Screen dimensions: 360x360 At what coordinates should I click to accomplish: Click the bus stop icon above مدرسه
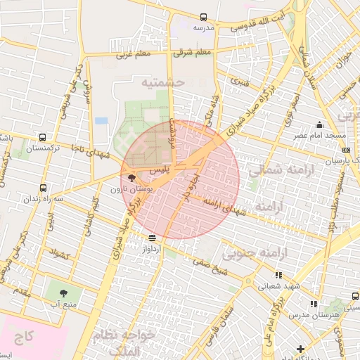(x=203, y=17)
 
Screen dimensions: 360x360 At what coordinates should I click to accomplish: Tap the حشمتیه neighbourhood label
(x=162, y=82)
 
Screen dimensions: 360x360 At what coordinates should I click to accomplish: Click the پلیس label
(x=156, y=171)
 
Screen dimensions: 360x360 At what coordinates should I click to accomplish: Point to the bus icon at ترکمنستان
(x=44, y=138)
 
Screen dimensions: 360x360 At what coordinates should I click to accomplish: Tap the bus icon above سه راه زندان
(x=44, y=188)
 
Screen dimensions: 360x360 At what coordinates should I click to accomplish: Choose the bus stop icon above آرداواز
(x=153, y=238)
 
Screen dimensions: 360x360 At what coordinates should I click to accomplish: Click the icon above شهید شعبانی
(x=279, y=276)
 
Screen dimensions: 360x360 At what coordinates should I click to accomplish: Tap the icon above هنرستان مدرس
(x=314, y=304)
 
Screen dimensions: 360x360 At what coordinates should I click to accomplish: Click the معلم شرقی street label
(x=194, y=53)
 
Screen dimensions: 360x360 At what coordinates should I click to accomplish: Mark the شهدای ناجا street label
(x=89, y=147)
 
